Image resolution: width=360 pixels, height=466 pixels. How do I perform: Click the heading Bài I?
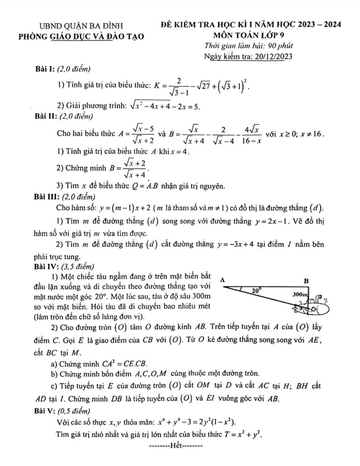(42, 68)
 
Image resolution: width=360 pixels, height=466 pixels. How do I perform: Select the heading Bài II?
(44, 116)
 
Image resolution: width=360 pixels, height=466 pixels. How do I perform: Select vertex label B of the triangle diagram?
(307, 280)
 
